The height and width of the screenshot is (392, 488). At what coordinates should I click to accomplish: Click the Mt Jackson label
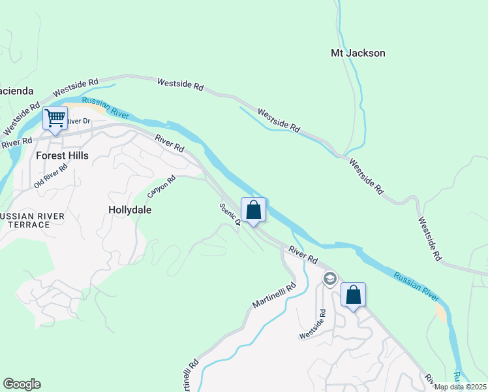[358, 53]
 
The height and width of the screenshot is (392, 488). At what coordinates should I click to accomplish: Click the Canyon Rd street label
[162, 187]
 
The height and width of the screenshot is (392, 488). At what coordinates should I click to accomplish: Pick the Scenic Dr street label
[230, 214]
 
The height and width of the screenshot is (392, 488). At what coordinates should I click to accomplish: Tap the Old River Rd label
[51, 176]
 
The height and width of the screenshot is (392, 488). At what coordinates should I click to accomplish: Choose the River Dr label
[78, 121]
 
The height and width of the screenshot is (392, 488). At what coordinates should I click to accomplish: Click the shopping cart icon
[55, 119]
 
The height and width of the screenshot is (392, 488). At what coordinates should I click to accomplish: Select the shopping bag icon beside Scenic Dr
[254, 210]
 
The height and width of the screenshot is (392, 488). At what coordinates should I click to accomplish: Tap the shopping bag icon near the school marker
[353, 295]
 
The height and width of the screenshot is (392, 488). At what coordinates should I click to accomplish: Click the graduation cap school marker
[329, 280]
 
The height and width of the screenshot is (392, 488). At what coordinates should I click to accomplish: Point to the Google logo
[22, 384]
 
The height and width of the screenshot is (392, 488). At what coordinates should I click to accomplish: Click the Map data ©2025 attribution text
[461, 387]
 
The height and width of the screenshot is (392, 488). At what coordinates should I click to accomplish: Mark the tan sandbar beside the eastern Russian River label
[441, 312]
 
